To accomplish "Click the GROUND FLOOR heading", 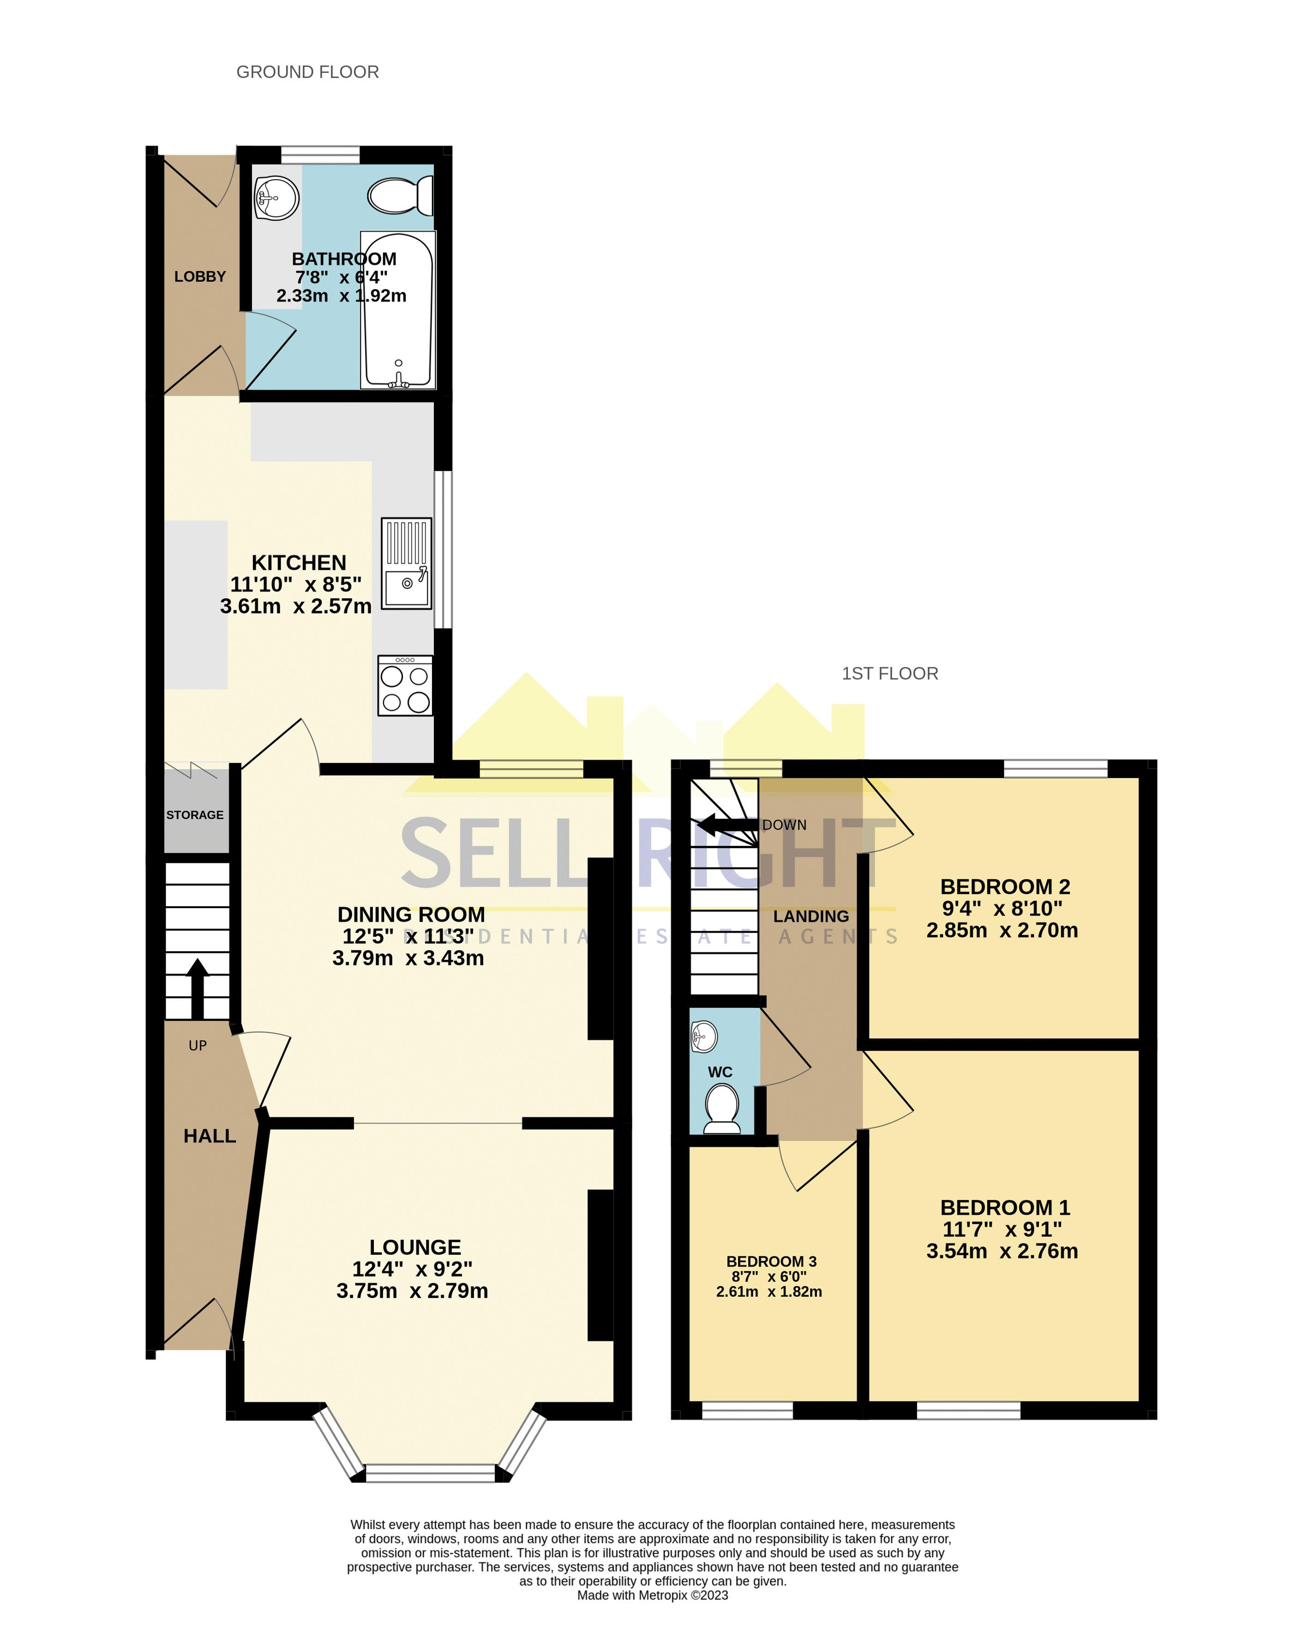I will pyautogui.click(x=307, y=72).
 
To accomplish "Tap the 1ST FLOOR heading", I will pyautogui.click(x=889, y=674).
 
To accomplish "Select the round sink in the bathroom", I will pyautogui.click(x=276, y=198).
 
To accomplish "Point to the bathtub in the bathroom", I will pyautogui.click(x=398, y=310).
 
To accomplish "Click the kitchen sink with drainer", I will pyautogui.click(x=406, y=563).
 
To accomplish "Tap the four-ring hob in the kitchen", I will pyautogui.click(x=405, y=686).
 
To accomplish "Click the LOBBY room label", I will pyautogui.click(x=200, y=277).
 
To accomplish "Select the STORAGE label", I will pyautogui.click(x=195, y=815).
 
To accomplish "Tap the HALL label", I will pyautogui.click(x=210, y=1136).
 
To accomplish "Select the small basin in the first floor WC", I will pyautogui.click(x=703, y=1037).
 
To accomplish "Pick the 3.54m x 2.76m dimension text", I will pyautogui.click(x=1002, y=1251).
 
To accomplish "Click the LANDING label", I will pyautogui.click(x=811, y=917).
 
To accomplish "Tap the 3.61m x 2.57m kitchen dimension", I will pyautogui.click(x=295, y=606).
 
